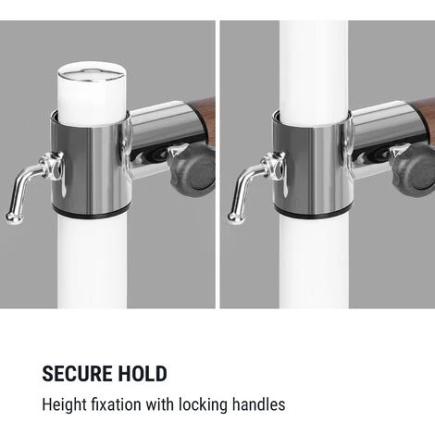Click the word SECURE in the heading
tap(78, 374)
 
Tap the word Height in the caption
tap(64, 404)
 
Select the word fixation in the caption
tap(116, 404)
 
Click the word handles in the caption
tap(258, 404)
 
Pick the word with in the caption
tap(160, 404)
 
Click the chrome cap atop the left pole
tap(92, 75)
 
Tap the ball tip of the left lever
tap(14, 217)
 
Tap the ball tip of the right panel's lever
tap(236, 217)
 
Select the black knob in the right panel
tap(414, 170)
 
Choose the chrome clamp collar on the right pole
tap(312, 167)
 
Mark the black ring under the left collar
tap(91, 214)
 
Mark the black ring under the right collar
tap(312, 215)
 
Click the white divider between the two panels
tap(217, 164)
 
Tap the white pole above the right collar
tap(314, 72)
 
